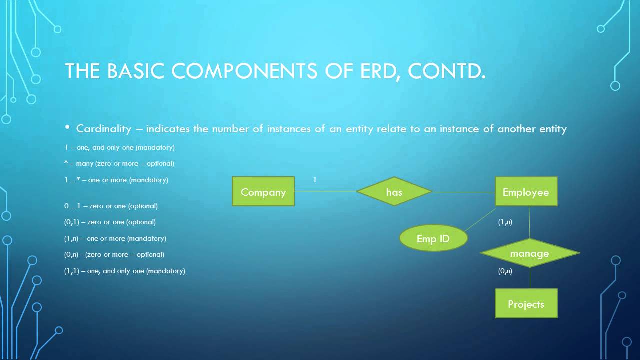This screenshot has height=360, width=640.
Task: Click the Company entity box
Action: [x=263, y=192]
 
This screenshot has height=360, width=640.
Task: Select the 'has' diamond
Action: [x=394, y=192]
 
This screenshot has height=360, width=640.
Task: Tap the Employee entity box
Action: [x=526, y=192]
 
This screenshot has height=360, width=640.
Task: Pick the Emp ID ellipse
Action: [x=433, y=238]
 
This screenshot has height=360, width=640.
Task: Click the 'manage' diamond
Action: [x=529, y=253]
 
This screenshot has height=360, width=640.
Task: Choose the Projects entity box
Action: [x=526, y=304]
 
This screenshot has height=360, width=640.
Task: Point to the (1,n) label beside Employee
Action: [x=505, y=222]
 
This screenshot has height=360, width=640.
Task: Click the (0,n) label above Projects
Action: [x=505, y=271]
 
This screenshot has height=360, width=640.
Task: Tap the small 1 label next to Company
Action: [x=315, y=180]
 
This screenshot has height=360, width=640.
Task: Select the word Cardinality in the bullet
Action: [x=103, y=129]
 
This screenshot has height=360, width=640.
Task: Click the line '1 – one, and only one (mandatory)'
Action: [x=119, y=148]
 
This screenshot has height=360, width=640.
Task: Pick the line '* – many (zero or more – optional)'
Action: [x=119, y=164]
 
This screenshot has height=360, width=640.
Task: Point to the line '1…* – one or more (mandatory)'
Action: [x=116, y=180]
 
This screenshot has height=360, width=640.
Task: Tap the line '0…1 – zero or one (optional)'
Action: [x=111, y=206]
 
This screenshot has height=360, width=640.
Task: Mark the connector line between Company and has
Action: [x=325, y=191]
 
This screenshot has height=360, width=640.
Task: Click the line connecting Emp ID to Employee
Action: [x=480, y=220]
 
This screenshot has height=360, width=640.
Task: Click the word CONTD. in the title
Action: [x=446, y=71]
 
